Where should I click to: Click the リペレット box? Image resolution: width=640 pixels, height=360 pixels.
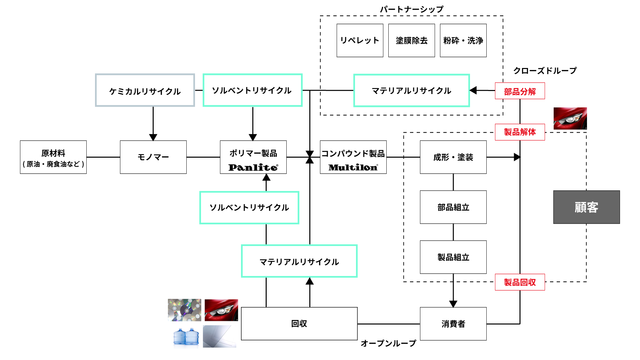tap(360, 40)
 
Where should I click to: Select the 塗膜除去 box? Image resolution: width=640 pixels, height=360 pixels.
tap(411, 40)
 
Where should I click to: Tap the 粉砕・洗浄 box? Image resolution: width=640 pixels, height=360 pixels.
tap(463, 40)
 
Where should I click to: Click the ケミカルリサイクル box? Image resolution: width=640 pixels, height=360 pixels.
tap(145, 90)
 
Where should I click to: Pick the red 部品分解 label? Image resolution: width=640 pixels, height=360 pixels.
tap(520, 91)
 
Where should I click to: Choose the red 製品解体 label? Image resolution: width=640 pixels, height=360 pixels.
tap(520, 132)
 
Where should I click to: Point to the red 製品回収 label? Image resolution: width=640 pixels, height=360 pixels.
tap(520, 282)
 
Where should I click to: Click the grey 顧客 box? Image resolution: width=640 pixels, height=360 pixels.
tap(586, 207)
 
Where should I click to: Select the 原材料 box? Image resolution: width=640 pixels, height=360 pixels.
tap(53, 157)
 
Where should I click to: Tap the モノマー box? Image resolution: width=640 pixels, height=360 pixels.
tap(153, 157)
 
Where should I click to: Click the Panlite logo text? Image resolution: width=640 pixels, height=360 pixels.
tap(253, 167)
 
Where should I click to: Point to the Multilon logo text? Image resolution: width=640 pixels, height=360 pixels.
tap(353, 167)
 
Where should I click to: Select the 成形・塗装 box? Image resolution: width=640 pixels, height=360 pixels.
tap(453, 157)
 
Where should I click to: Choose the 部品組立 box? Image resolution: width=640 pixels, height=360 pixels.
tap(453, 207)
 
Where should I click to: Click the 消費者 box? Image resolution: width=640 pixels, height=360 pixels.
tap(453, 324)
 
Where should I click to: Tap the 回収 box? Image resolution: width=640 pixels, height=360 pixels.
tap(299, 324)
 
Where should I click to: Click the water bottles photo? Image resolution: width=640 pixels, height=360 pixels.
tap(186, 337)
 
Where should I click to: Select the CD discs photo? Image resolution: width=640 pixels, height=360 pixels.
tap(184, 310)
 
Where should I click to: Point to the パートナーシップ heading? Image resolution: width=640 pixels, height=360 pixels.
tap(412, 9)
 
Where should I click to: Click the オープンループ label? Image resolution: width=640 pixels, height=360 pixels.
tap(388, 343)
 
